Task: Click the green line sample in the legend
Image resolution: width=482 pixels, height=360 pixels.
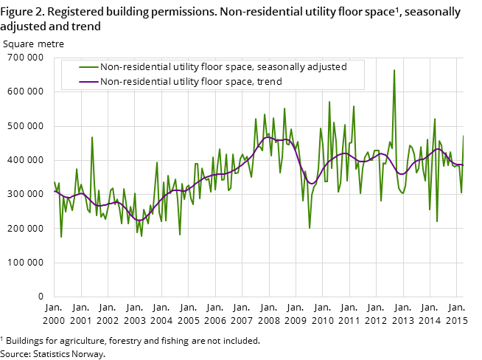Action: pos(88,67)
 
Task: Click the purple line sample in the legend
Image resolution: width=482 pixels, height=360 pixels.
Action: pos(88,82)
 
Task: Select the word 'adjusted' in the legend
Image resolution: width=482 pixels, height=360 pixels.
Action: pos(327,67)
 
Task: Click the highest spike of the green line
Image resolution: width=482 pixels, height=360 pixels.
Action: pos(394,70)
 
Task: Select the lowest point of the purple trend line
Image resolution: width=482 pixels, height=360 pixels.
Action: pos(139,220)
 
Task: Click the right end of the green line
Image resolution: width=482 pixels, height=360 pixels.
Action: pos(463,136)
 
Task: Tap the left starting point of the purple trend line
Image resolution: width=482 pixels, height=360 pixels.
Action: pos(55,191)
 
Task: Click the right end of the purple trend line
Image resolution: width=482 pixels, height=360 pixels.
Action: pos(463,165)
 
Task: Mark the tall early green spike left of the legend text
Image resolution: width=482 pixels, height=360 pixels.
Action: pos(92,137)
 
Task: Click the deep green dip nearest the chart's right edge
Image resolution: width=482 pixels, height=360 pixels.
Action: pos(437,221)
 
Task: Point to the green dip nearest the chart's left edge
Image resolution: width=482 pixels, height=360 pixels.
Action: pos(61,237)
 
